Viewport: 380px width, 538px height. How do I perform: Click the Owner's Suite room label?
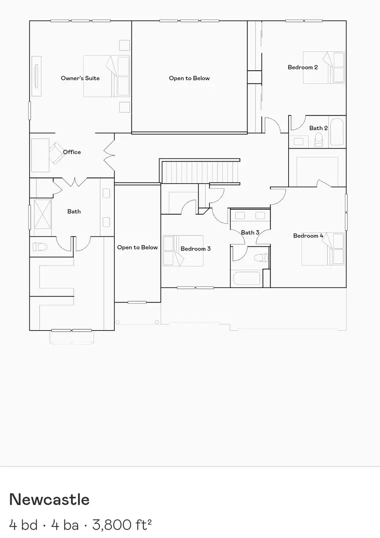[80, 78]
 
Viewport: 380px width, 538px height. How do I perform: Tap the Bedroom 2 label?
[303, 67]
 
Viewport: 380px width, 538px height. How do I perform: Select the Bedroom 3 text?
[195, 249]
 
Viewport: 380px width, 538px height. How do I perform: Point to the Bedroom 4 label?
[308, 236]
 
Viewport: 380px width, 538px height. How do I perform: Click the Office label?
[72, 152]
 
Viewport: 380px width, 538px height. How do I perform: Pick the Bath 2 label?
[318, 128]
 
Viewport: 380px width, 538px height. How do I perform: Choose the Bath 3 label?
[250, 233]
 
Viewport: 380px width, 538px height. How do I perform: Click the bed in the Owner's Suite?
[107, 76]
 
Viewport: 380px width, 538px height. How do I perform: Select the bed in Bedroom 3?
[183, 251]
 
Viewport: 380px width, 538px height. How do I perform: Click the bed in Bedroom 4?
[323, 248]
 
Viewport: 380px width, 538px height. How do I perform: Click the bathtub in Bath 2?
[337, 132]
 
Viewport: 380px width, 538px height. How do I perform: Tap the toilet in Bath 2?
[318, 141]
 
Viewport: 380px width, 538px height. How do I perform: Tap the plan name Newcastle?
[49, 500]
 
